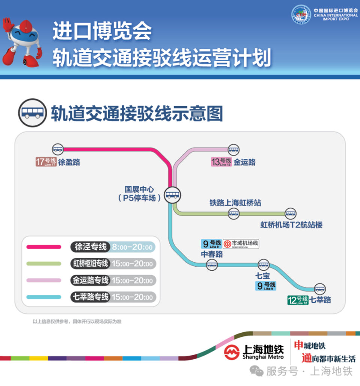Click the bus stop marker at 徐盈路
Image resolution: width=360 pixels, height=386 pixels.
(x=58, y=149)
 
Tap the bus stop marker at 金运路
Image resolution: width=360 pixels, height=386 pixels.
(x=233, y=149)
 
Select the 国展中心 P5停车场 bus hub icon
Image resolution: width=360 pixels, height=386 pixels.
(x=172, y=195)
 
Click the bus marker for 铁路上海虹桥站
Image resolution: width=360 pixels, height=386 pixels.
(x=233, y=213)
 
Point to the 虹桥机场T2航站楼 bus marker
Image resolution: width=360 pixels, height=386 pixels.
(x=290, y=213)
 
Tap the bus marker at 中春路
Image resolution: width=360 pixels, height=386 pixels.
(x=212, y=265)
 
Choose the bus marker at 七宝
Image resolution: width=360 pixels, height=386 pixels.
(x=264, y=265)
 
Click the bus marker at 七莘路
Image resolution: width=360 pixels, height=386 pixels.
(x=319, y=289)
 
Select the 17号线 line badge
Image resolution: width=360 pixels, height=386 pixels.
(x=46, y=162)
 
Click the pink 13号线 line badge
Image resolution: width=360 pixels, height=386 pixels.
(x=221, y=162)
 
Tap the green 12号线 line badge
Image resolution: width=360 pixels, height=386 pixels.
(x=298, y=300)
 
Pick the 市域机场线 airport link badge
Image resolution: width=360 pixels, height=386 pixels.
(x=241, y=244)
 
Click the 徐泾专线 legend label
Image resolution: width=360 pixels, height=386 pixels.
(x=90, y=247)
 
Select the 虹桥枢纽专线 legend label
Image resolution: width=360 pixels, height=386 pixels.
(x=90, y=264)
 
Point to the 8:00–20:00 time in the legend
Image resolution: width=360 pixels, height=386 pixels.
(x=132, y=247)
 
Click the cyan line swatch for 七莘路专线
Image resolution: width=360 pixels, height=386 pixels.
(x=44, y=297)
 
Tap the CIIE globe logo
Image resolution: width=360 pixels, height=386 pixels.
(x=301, y=15)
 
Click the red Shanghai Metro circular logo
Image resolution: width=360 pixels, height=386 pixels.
(x=232, y=352)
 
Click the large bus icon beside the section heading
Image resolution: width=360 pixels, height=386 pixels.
(x=33, y=113)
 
